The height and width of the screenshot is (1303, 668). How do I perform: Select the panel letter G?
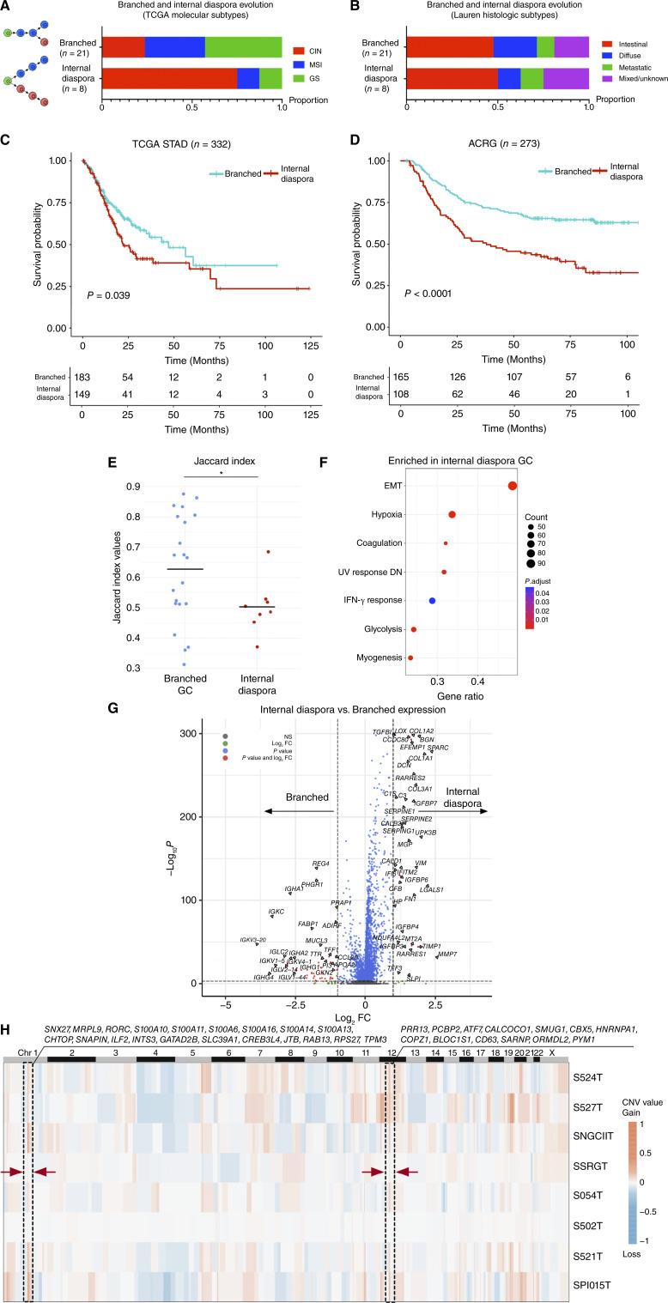(7, 710)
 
